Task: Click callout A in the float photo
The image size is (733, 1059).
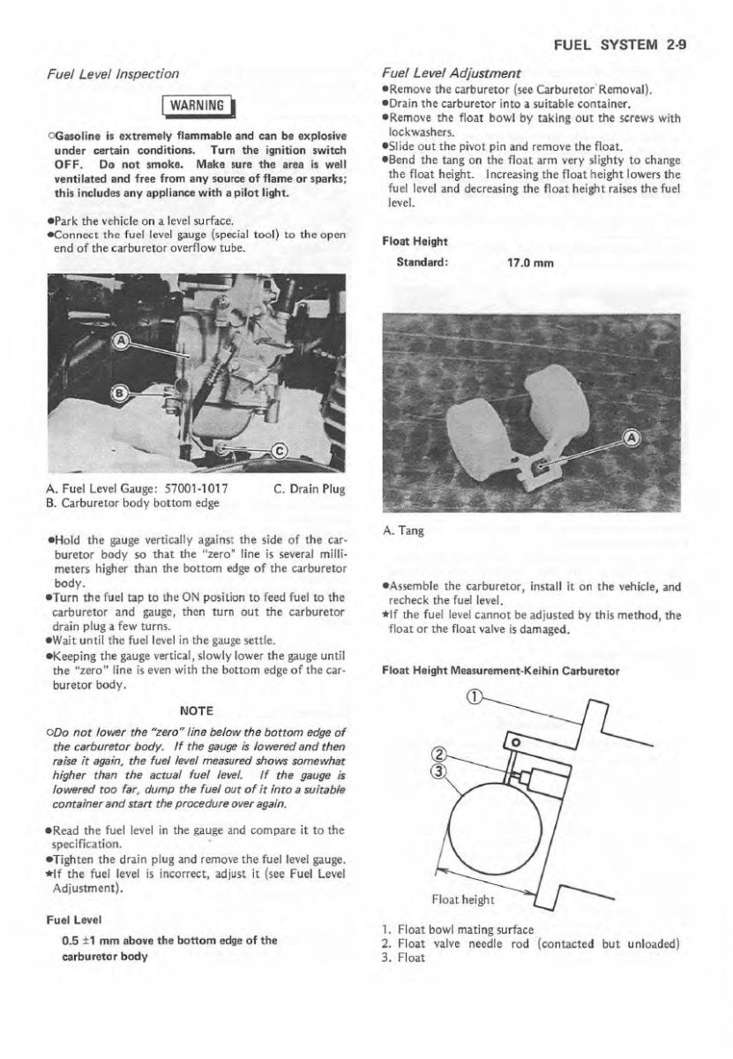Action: click(632, 439)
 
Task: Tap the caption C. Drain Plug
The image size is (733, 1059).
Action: click(310, 490)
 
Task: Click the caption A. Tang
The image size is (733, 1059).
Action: click(403, 531)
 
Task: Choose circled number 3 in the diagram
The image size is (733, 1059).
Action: click(435, 770)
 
